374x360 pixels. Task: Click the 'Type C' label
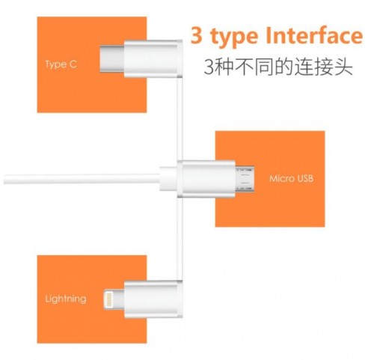(61, 64)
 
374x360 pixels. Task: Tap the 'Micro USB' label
(291, 178)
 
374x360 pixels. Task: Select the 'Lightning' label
(66, 299)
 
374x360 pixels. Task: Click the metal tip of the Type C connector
(112, 59)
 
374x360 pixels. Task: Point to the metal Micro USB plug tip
(245, 179)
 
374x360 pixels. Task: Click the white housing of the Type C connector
(153, 58)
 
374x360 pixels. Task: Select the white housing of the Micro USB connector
(206, 179)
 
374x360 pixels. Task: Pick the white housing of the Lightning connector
(153, 299)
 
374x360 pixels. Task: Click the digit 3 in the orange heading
(196, 35)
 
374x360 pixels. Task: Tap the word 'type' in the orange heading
(234, 37)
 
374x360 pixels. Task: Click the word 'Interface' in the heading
(314, 35)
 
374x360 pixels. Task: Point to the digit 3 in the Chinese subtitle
(209, 67)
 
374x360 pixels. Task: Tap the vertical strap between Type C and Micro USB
(180, 119)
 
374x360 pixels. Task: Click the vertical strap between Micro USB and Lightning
(180, 239)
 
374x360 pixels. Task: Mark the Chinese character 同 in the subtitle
(263, 67)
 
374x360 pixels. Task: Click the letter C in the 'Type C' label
(73, 64)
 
